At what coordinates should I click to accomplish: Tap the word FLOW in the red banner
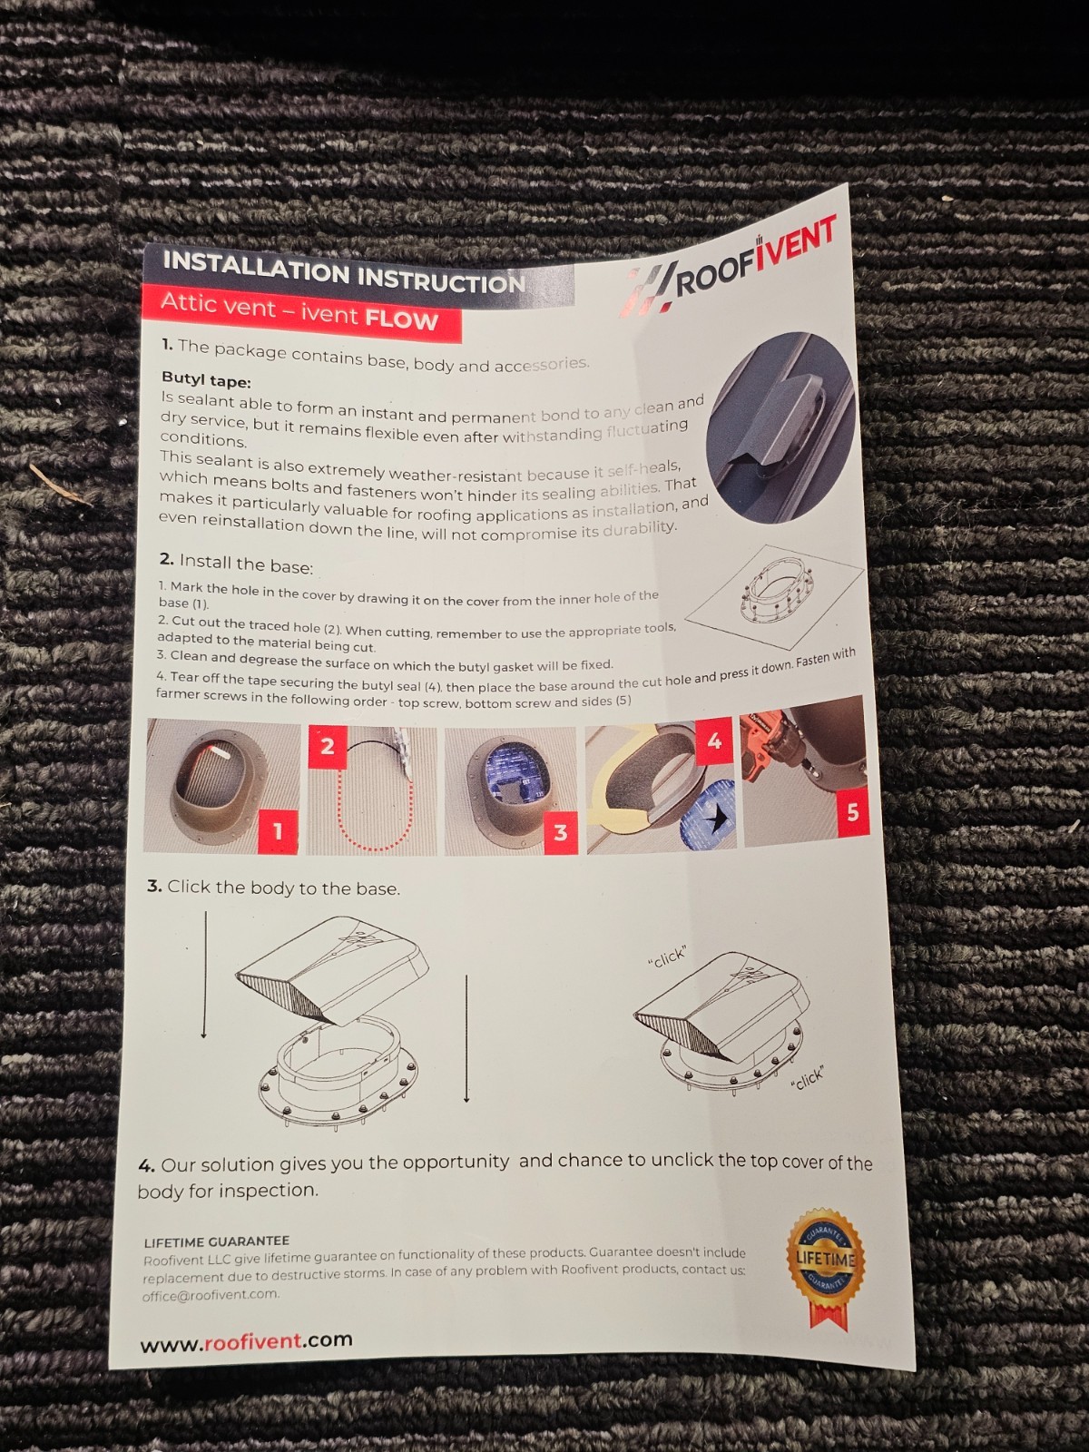(401, 321)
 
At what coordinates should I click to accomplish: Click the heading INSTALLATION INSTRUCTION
(345, 271)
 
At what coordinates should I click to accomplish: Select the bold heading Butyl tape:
(206, 380)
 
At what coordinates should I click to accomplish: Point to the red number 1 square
(277, 831)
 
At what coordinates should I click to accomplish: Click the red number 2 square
(328, 747)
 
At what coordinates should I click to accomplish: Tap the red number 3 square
(559, 832)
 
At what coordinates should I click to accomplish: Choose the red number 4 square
(714, 741)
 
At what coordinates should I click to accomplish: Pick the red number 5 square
(852, 811)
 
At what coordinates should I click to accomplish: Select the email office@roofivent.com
(211, 1295)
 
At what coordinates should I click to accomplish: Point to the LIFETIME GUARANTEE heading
(216, 1241)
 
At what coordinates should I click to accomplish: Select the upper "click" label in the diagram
(667, 957)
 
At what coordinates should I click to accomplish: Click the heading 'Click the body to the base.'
(274, 887)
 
